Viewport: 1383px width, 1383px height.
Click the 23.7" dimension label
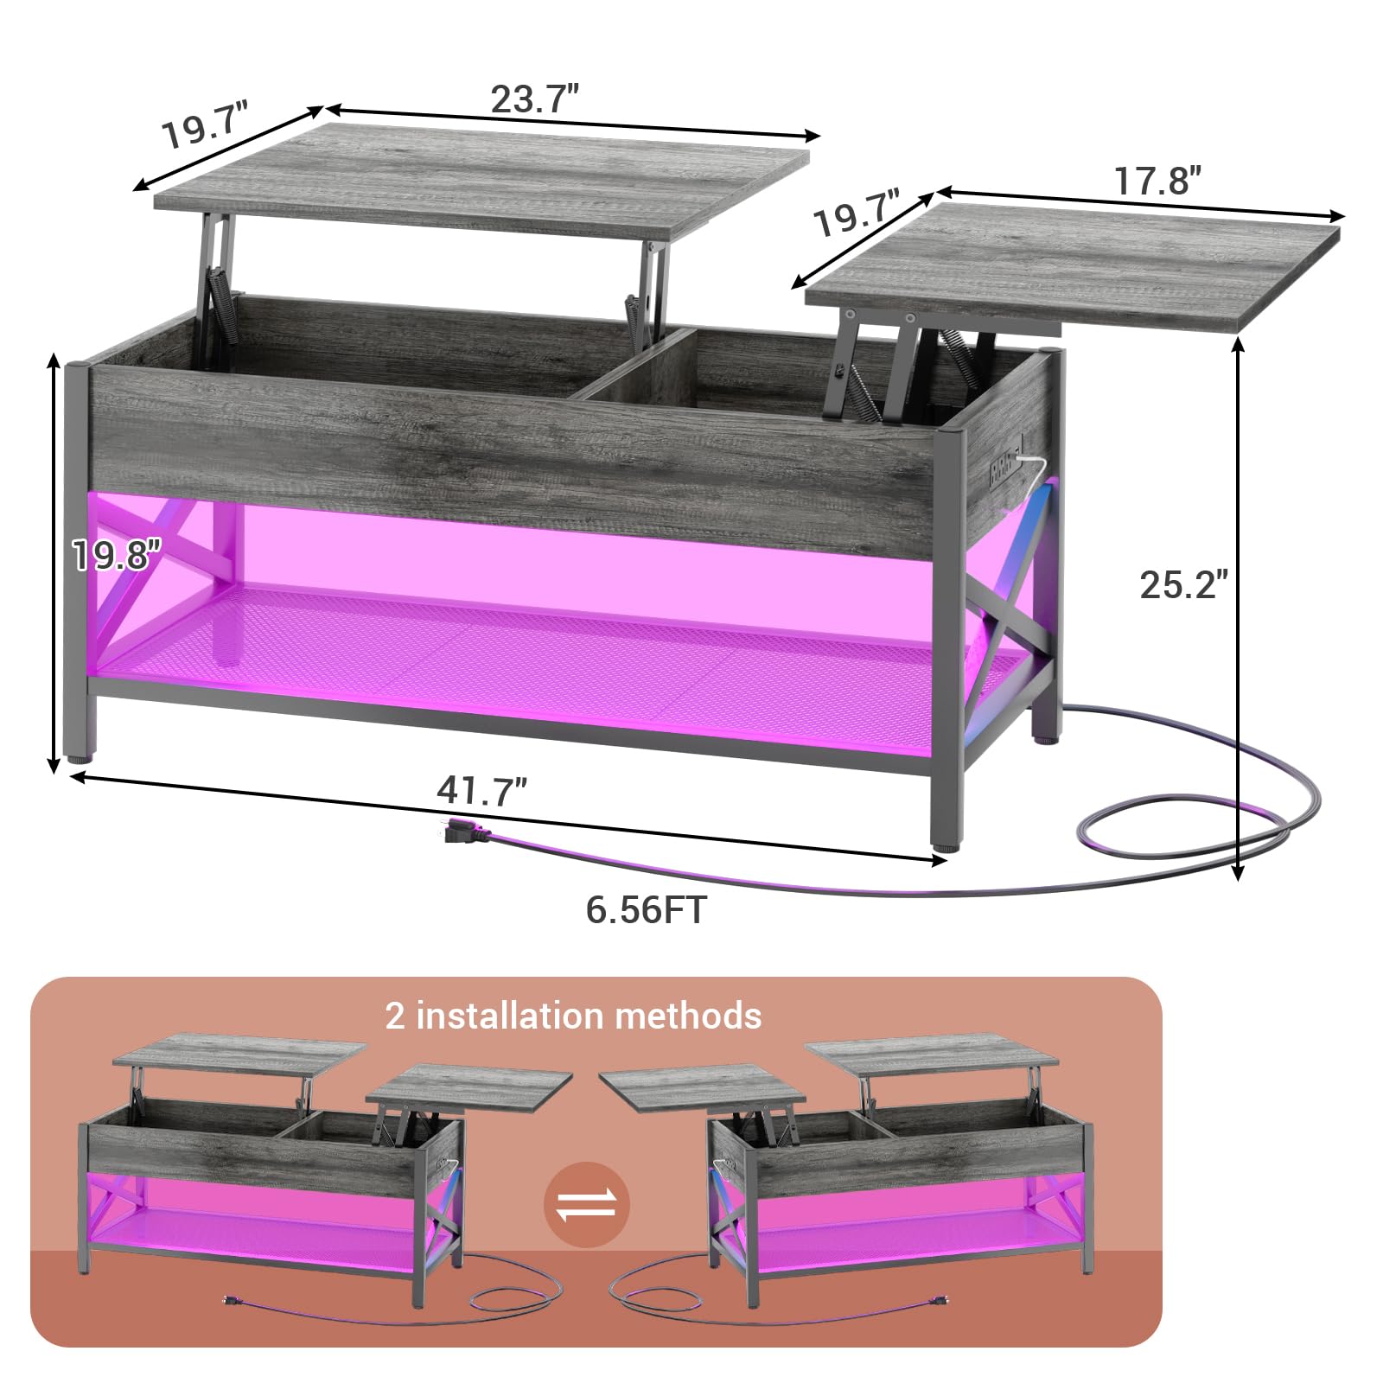pos(535,99)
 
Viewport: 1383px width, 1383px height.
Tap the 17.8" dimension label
pos(1157,182)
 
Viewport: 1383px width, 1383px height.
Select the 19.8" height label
pos(117,554)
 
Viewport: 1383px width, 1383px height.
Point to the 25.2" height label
pos(1183,584)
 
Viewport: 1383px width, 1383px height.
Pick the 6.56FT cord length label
pos(647,909)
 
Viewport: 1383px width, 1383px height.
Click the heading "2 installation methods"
pos(573,1015)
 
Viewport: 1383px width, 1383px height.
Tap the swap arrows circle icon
pos(587,1204)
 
